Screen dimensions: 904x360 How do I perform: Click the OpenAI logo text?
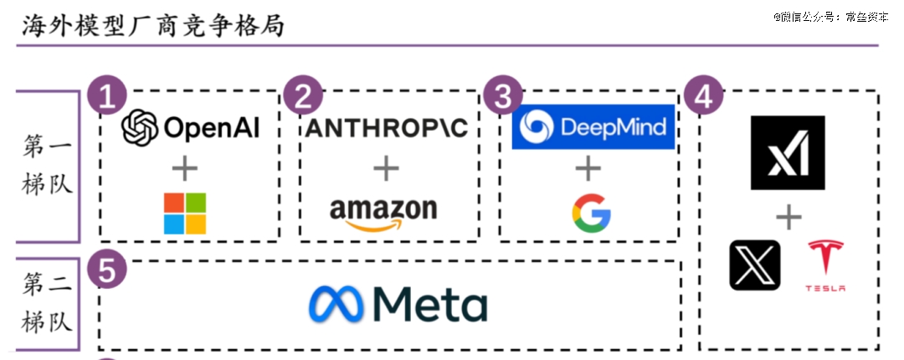[x=191, y=127]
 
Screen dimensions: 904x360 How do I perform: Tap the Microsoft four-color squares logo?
[x=184, y=213]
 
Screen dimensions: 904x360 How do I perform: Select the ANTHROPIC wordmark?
[x=386, y=128]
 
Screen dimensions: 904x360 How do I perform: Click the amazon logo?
[x=383, y=214]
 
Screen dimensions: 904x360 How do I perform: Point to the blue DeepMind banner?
[x=593, y=127]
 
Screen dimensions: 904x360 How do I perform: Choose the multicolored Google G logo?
[x=591, y=213]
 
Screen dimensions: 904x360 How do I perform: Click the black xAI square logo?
[x=788, y=152]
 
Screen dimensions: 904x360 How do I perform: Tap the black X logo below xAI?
[x=755, y=265]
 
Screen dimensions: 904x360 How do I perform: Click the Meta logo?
[x=398, y=304]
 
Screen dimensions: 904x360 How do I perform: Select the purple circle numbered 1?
[x=106, y=96]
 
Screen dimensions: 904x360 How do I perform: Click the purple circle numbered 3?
[x=503, y=96]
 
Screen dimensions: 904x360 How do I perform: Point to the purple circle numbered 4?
[x=703, y=96]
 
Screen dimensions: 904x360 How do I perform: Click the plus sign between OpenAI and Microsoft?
[x=184, y=168]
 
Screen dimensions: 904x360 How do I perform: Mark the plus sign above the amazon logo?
[x=386, y=168]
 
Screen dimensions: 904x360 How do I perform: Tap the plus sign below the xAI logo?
[x=788, y=218]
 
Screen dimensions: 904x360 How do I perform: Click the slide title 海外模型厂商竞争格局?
[x=153, y=26]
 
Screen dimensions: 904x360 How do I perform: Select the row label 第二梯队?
[x=47, y=303]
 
